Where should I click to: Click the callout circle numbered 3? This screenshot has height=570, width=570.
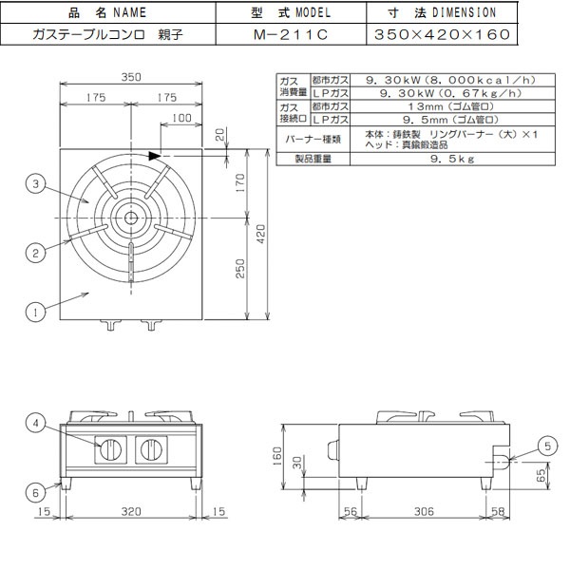[x=35, y=186]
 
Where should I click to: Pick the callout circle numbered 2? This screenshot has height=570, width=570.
[x=35, y=252]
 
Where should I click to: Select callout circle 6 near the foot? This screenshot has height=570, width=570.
[x=35, y=491]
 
